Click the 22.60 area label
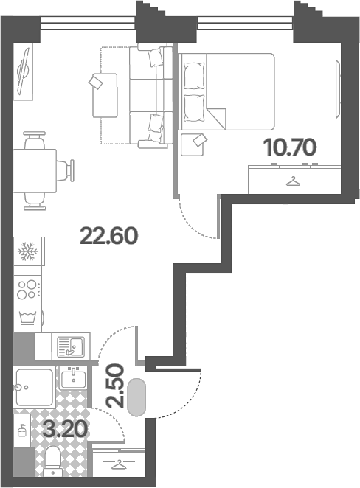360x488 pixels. click(x=109, y=236)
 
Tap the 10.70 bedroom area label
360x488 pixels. click(x=290, y=147)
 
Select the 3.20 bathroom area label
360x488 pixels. click(x=65, y=430)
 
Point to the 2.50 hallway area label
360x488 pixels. click(x=115, y=386)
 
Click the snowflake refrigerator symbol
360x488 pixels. click(x=28, y=251)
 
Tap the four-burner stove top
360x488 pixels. click(x=27, y=290)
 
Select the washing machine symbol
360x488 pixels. click(x=28, y=318)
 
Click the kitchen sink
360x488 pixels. click(x=71, y=346)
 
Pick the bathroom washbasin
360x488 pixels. click(x=74, y=378)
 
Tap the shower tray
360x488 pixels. click(x=34, y=388)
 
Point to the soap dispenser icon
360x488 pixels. click(x=21, y=431)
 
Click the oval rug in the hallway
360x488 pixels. click(x=136, y=397)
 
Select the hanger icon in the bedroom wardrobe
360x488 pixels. click(x=293, y=181)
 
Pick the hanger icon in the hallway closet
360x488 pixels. click(x=119, y=465)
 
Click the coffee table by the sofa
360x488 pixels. click(x=105, y=96)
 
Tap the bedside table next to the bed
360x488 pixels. click(x=192, y=144)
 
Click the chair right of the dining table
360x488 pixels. click(x=66, y=170)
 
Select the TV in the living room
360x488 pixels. click(x=24, y=72)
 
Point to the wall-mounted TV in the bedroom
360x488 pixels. click(x=338, y=89)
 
